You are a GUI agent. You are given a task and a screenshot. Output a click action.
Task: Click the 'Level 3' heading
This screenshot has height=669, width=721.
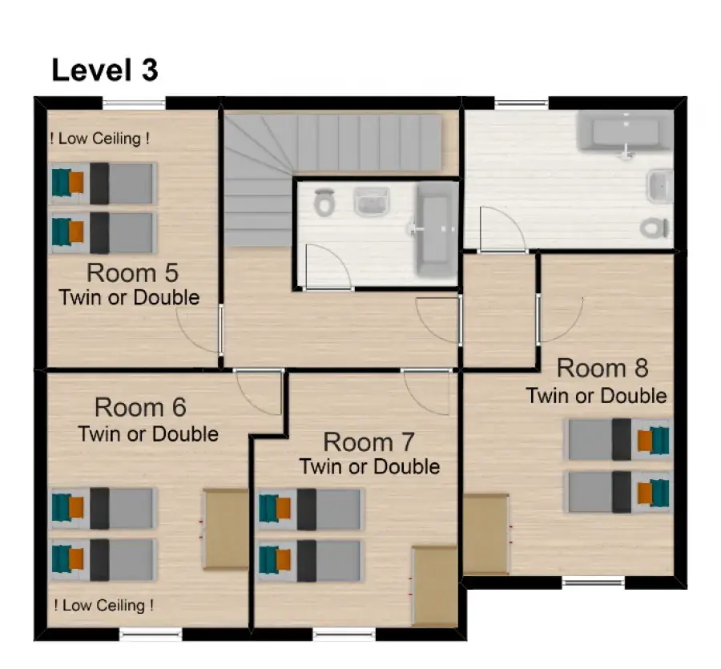click(x=105, y=71)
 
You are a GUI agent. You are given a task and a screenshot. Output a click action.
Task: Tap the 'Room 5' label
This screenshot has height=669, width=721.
click(x=132, y=273)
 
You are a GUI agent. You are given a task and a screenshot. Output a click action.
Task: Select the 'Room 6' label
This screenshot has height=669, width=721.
click(x=140, y=407)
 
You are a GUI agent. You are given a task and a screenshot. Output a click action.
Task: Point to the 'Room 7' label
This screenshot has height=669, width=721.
click(x=369, y=442)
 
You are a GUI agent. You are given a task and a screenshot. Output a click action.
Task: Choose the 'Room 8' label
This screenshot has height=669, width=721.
click(x=602, y=369)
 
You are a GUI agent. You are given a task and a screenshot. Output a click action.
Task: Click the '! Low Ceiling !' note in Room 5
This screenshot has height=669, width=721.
click(x=100, y=139)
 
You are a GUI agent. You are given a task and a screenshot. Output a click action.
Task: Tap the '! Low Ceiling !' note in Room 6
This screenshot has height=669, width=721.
click(x=103, y=605)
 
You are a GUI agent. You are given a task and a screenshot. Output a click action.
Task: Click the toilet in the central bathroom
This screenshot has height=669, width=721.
click(x=324, y=202)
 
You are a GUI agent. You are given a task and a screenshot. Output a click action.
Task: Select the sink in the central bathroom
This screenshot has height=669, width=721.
click(x=372, y=201)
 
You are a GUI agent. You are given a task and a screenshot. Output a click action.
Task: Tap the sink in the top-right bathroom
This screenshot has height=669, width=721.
click(x=660, y=186)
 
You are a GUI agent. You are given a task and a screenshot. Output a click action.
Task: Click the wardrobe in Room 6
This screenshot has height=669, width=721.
click(x=226, y=530)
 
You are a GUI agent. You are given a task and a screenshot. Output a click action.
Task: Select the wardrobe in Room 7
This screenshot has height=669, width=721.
click(x=435, y=586)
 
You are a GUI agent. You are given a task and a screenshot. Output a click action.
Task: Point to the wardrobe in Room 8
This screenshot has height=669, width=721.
click(x=486, y=534)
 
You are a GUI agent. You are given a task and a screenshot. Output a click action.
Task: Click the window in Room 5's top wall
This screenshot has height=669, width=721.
click(x=134, y=104)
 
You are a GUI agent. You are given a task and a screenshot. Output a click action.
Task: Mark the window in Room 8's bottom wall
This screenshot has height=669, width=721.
click(x=593, y=582)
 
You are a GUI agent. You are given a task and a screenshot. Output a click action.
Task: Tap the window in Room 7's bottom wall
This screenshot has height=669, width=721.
click(x=344, y=635)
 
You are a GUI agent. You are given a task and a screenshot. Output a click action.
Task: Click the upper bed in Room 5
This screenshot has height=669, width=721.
click(x=103, y=183)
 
